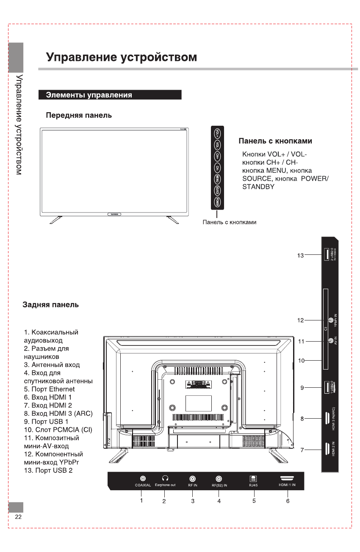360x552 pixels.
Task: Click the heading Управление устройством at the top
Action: coord(122,57)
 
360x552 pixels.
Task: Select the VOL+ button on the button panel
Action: coord(217,133)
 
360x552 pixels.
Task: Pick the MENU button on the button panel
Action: coord(217,179)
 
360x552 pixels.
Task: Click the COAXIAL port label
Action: coord(143,485)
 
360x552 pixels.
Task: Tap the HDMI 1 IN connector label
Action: coord(288,485)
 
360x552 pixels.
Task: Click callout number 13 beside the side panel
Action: coord(300,255)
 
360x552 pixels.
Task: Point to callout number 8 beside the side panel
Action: coord(302,419)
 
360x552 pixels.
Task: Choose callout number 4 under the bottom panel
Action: coord(219,501)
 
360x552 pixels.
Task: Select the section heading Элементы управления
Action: coord(89,95)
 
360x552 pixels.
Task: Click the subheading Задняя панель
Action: coord(50,305)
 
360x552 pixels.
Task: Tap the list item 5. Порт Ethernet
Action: coord(49,389)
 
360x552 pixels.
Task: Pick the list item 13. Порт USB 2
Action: coord(48,471)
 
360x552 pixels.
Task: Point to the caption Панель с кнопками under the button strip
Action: coord(230,222)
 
